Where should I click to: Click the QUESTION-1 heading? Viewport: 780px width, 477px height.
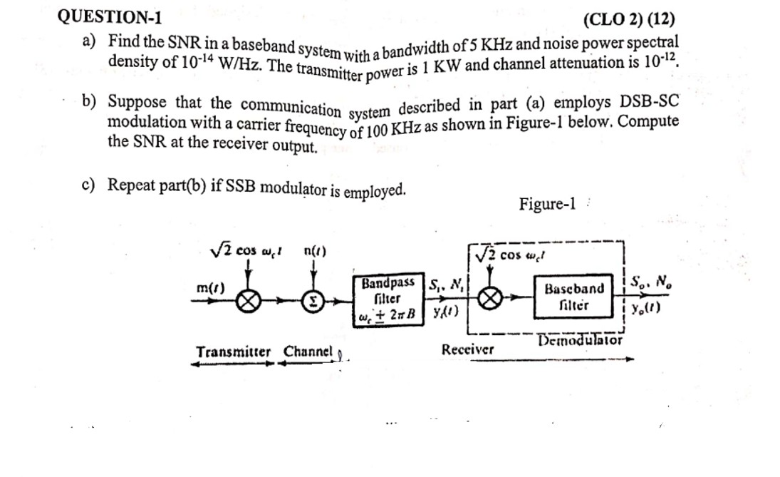point(109,16)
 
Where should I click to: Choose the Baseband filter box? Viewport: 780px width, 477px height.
point(574,297)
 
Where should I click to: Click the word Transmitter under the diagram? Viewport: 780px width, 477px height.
point(234,352)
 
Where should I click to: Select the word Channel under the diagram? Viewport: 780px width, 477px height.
point(308,352)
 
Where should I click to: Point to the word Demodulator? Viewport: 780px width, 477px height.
point(581,340)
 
